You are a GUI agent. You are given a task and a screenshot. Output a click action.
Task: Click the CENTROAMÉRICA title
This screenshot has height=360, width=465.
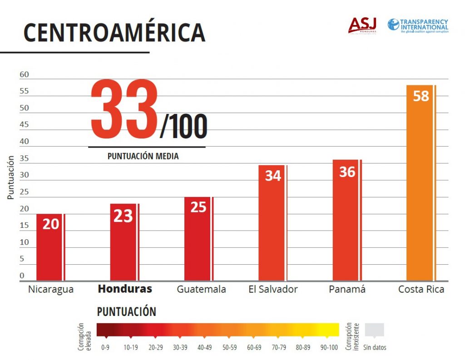click(114, 32)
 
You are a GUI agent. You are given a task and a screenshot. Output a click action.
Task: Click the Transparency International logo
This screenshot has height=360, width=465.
click(418, 25)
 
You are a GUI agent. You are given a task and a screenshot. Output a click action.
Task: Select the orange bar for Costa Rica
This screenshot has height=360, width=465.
click(421, 191)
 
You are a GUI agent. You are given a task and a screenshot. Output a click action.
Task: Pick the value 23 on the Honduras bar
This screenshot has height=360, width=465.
click(123, 216)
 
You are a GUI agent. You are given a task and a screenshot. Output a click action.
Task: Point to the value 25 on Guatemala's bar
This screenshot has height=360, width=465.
click(198, 207)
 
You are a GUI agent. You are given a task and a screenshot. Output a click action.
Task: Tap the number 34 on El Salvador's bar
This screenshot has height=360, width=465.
click(273, 176)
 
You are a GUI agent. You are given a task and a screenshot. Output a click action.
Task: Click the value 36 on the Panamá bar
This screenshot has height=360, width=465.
click(347, 172)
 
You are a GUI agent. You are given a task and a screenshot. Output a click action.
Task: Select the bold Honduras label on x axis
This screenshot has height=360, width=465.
click(125, 289)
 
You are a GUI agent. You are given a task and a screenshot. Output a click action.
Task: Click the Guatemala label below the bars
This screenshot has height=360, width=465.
click(201, 289)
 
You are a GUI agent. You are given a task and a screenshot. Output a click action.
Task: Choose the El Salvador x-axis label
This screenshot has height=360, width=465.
click(273, 289)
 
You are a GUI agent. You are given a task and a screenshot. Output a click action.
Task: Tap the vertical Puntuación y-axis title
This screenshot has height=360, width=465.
click(10, 178)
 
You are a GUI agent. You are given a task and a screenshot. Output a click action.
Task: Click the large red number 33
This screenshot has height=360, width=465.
click(124, 110)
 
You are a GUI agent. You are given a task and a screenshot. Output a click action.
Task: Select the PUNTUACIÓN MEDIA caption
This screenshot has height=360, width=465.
click(143, 156)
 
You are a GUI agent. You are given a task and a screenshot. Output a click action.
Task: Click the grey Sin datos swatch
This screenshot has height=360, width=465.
click(375, 330)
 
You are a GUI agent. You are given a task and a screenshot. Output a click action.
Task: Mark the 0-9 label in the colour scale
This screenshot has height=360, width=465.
click(105, 348)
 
